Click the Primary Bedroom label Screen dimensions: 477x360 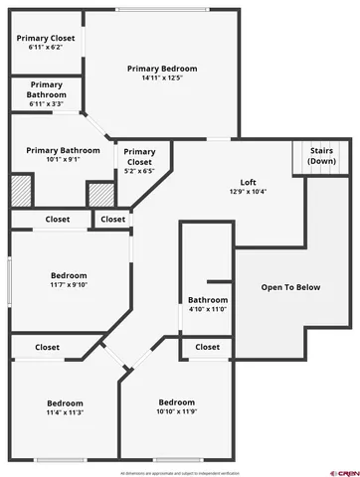coord(162,69)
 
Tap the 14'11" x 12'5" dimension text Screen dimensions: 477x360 coord(162,79)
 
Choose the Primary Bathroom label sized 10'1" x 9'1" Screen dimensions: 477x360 coord(56,149)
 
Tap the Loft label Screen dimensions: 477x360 coord(248,182)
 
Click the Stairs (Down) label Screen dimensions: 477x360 coord(321,155)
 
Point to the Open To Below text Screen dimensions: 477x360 coord(290,287)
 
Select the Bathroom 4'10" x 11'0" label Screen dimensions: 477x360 coord(208,300)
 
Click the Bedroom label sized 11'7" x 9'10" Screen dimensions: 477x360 coord(69,275)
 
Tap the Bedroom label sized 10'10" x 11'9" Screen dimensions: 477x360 coord(176,401)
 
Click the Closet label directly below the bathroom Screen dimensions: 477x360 coord(207,347)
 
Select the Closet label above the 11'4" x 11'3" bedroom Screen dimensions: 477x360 coord(47,347)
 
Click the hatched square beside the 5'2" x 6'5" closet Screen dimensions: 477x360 coord(99,193)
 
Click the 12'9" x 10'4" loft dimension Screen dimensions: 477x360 coord(248,192)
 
